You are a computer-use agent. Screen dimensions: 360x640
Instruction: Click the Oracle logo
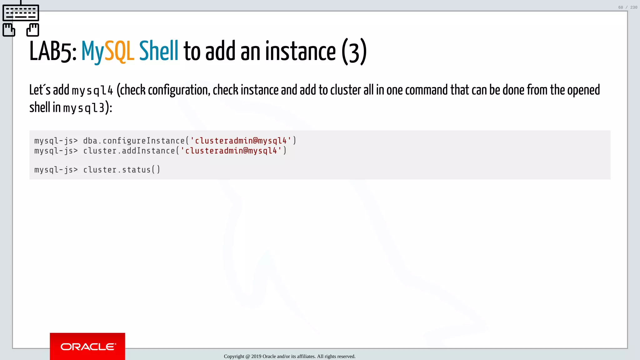coord(87,347)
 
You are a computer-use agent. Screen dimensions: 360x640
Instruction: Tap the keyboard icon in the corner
coord(21,13)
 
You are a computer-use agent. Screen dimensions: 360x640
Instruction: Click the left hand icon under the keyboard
coord(9,30)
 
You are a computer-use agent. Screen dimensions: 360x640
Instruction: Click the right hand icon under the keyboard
coord(33,30)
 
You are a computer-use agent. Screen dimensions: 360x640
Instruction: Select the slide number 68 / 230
coord(627,7)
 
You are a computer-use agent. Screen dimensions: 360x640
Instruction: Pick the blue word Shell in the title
coord(159,51)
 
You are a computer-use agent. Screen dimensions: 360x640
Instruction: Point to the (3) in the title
coord(354,52)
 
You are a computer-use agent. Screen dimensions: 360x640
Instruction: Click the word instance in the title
coord(300,51)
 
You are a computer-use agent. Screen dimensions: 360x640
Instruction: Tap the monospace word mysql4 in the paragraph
coord(92,91)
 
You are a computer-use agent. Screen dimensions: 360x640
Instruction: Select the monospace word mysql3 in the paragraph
coord(84,108)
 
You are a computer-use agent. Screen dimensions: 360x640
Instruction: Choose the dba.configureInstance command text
coord(134,141)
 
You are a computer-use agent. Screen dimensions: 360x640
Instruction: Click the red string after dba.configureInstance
coord(241,141)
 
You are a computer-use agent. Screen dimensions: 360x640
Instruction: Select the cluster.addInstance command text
coord(129,151)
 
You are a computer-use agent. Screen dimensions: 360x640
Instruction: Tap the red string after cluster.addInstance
coord(231,151)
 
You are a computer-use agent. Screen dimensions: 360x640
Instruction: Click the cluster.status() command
coord(122,170)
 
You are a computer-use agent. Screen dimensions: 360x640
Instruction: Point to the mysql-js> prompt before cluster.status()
coord(56,170)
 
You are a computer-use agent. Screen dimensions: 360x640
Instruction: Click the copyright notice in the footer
coord(289,356)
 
